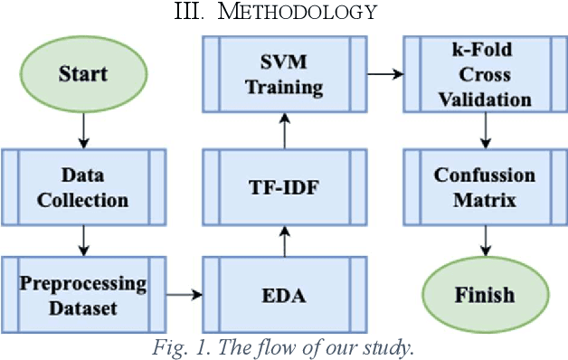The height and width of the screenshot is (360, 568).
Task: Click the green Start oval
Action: [x=83, y=73]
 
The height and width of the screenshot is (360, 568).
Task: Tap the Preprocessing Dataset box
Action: [x=83, y=294]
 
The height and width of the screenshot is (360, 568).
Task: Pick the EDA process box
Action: [x=284, y=294]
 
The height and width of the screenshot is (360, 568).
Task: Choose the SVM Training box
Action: [x=284, y=73]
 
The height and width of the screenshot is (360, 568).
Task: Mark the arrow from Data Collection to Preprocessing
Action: [x=83, y=240]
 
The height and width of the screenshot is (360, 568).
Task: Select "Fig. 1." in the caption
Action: [x=178, y=346]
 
